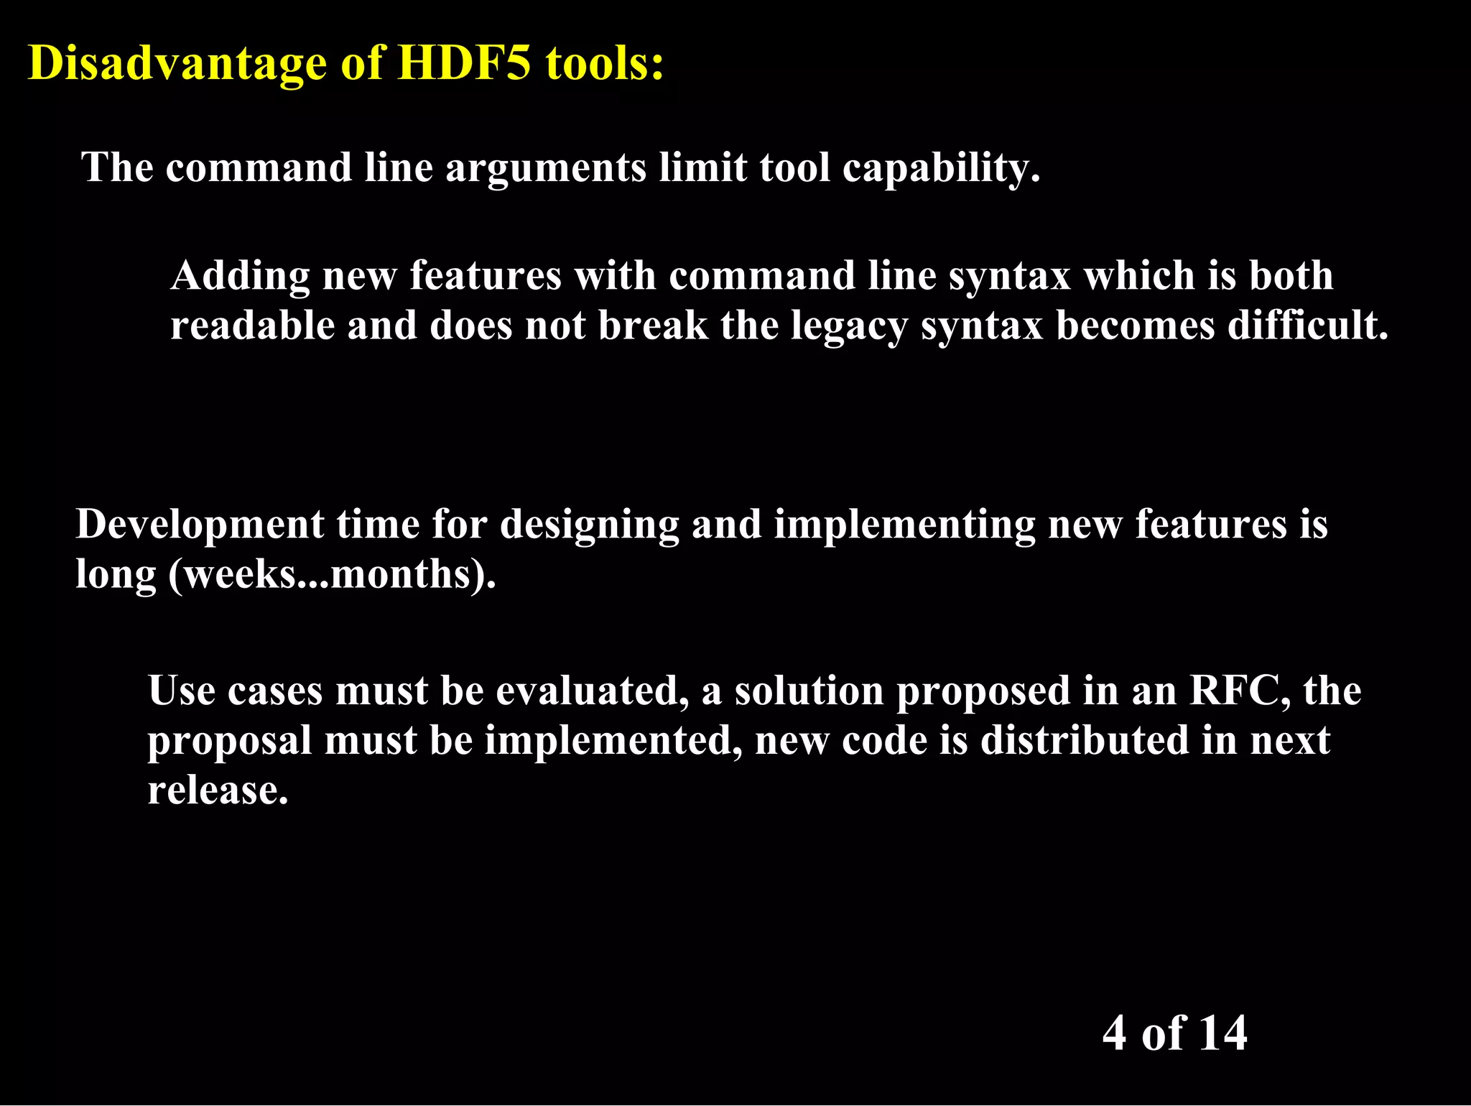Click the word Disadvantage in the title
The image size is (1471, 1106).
point(177,63)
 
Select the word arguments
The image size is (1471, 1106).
point(546,169)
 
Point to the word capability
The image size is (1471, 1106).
point(941,169)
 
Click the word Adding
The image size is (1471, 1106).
point(241,277)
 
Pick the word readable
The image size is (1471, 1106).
point(253,326)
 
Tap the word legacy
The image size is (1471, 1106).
point(850,327)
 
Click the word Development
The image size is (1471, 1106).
point(200,525)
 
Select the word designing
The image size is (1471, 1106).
point(590,525)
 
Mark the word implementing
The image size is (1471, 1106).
point(904,525)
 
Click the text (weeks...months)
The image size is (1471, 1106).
point(332,575)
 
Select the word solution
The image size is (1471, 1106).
point(809,691)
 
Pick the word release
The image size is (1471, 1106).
point(218,791)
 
